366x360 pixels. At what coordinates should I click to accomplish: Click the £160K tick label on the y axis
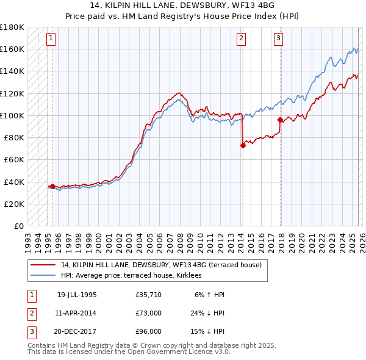pyautogui.click(x=12, y=49)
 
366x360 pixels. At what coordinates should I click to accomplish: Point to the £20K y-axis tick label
pyautogui.click(x=14, y=204)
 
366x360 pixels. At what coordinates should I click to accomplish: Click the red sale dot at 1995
pyautogui.click(x=53, y=186)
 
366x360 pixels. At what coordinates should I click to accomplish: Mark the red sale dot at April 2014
pyautogui.click(x=243, y=145)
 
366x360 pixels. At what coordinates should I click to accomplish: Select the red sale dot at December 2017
pyautogui.click(x=280, y=120)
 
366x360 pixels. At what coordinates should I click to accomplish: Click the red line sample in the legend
pyautogui.click(x=43, y=265)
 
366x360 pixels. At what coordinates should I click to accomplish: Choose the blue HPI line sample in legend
pyautogui.click(x=43, y=275)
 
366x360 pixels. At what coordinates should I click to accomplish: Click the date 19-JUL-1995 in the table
pyautogui.click(x=77, y=294)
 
